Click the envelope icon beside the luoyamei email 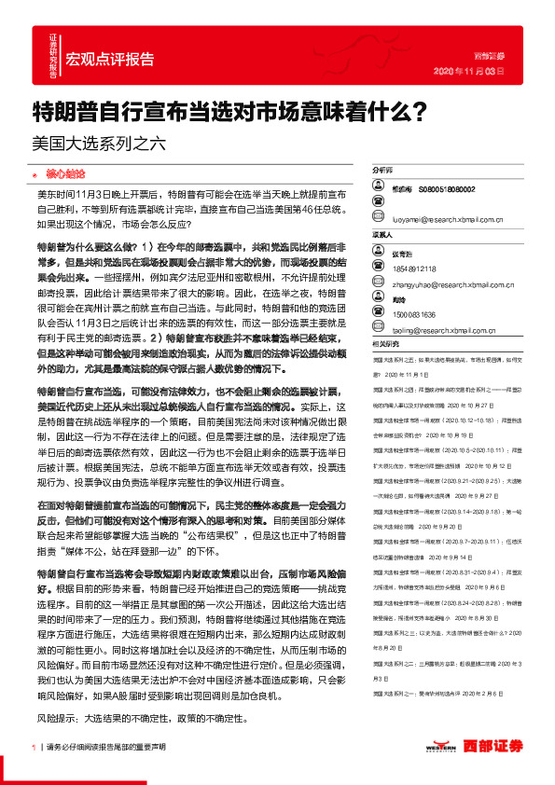(379, 221)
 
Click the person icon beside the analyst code (379, 189)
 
